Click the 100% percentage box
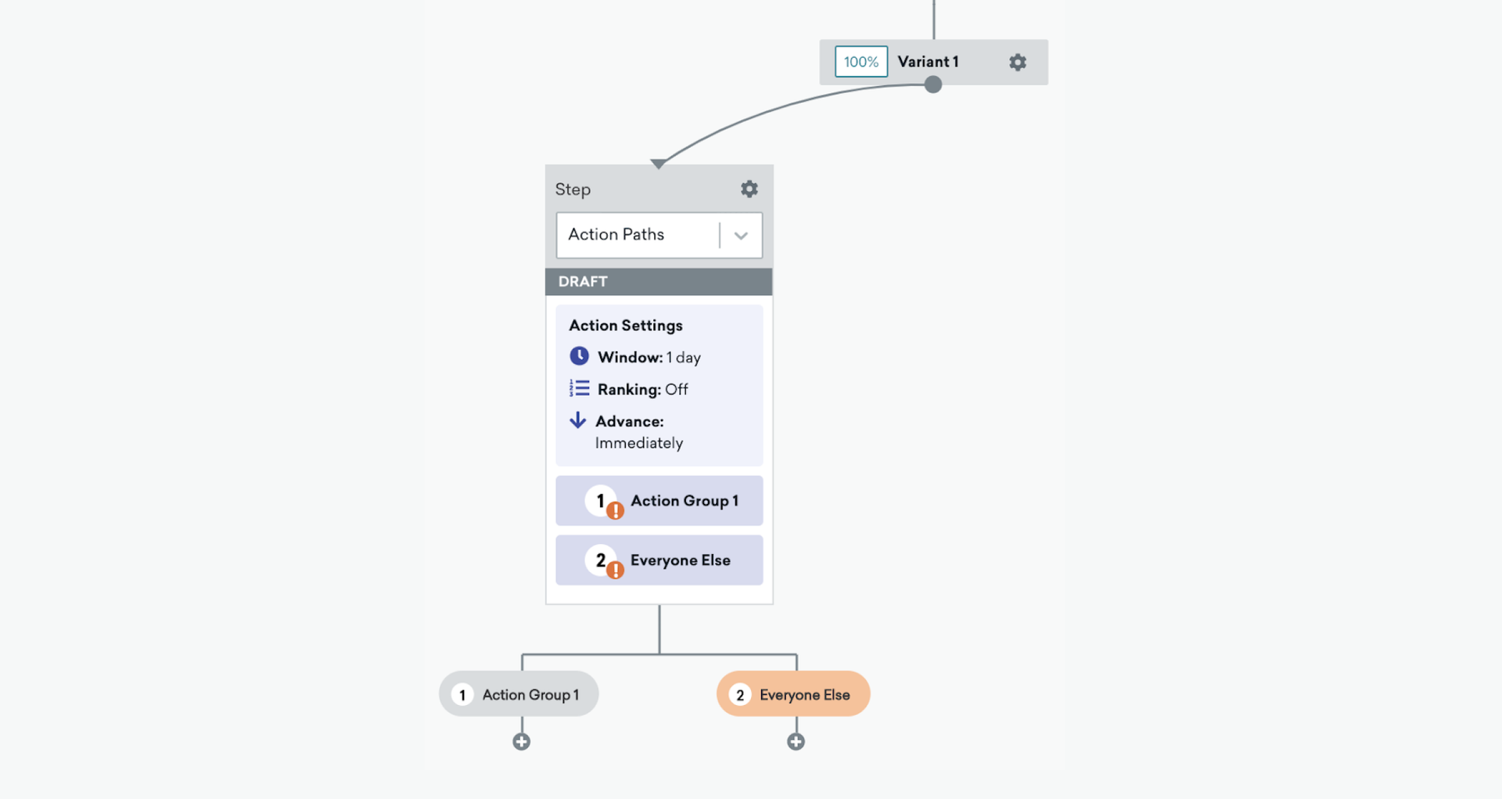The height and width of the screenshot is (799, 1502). pyautogui.click(x=861, y=62)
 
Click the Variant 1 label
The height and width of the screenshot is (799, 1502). pyautogui.click(x=928, y=62)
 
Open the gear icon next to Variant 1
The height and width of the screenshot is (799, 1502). pyautogui.click(x=1017, y=62)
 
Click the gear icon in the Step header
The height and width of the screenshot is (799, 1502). pyautogui.click(x=749, y=189)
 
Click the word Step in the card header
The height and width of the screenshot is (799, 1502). pyautogui.click(x=573, y=189)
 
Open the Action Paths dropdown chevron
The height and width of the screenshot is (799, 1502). pyautogui.click(x=740, y=236)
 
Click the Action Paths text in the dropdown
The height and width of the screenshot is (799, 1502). pyautogui.click(x=616, y=235)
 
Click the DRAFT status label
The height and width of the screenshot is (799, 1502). pyautogui.click(x=583, y=282)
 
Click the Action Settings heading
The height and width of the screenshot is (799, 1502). pyautogui.click(x=626, y=326)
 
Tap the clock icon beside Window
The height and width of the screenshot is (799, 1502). pyautogui.click(x=579, y=356)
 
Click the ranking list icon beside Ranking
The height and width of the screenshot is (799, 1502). pyautogui.click(x=580, y=388)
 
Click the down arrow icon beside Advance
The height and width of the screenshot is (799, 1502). pyautogui.click(x=577, y=420)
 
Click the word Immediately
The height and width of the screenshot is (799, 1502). pyautogui.click(x=639, y=443)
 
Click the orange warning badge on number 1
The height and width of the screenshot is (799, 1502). pyautogui.click(x=616, y=511)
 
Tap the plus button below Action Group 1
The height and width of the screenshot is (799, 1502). pyautogui.click(x=522, y=742)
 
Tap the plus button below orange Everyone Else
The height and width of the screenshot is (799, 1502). pyautogui.click(x=796, y=742)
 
